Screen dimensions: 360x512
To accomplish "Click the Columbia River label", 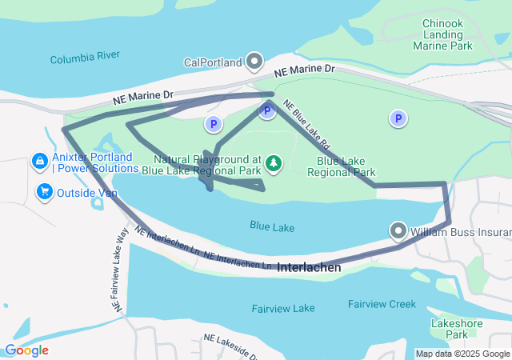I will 84,58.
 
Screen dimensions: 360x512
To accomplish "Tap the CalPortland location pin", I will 255,61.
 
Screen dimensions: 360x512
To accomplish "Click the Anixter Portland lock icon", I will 38,162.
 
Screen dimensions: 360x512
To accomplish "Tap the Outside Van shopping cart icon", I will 44,192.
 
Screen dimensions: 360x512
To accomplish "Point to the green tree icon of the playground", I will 274,164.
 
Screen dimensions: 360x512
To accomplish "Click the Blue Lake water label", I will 272,228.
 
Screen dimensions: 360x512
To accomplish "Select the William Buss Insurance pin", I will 399,232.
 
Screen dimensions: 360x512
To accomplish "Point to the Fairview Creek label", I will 382,304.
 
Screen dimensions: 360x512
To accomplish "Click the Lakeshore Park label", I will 455,328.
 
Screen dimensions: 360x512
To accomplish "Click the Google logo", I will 26,350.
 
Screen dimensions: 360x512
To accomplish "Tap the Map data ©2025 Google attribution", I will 462,354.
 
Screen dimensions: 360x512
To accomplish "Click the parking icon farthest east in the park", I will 398,119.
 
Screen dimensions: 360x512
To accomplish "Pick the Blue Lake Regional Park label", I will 341,166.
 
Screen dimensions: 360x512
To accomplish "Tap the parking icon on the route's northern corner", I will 268,111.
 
